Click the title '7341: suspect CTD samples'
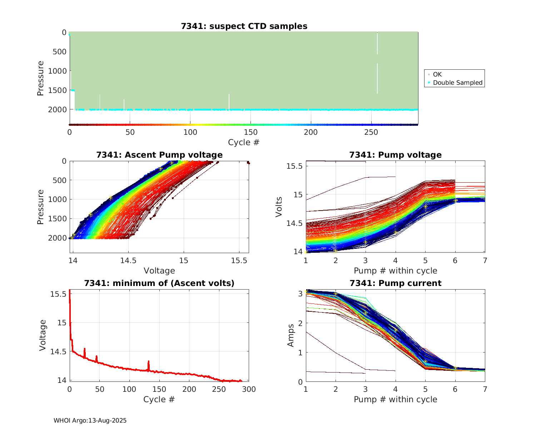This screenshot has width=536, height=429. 244,26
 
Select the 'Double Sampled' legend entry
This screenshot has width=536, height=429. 457,83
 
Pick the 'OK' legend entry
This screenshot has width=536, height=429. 437,74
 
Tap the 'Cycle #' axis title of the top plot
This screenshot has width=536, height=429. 244,142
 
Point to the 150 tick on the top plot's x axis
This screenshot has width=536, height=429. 250,132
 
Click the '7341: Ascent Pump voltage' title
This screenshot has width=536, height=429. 159,155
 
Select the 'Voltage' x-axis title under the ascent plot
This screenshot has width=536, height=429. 159,271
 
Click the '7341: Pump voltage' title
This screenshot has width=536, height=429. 395,155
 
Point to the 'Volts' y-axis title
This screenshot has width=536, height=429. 279,206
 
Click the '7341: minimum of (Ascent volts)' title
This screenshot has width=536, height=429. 159,283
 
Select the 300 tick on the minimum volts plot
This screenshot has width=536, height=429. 249,389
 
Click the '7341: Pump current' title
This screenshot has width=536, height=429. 395,283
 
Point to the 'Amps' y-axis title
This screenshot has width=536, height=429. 291,335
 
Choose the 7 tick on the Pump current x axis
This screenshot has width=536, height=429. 485,389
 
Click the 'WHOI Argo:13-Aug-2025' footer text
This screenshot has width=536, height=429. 90,420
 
